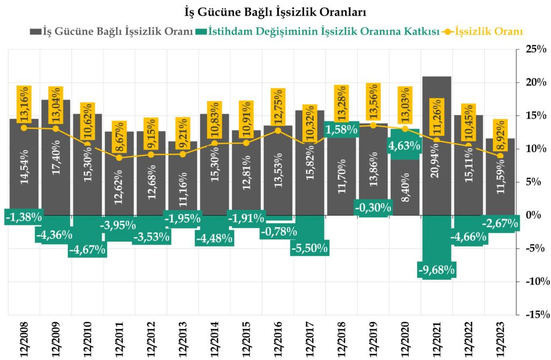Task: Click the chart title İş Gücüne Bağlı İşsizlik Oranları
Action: pyautogui.click(x=275, y=11)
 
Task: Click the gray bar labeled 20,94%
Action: pyautogui.click(x=436, y=145)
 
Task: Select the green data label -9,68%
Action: pyautogui.click(x=436, y=269)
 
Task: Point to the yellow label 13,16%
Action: pyautogui.click(x=24, y=104)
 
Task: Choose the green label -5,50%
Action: pyautogui.click(x=309, y=248)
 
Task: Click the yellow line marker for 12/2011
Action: pyautogui.click(x=119, y=158)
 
